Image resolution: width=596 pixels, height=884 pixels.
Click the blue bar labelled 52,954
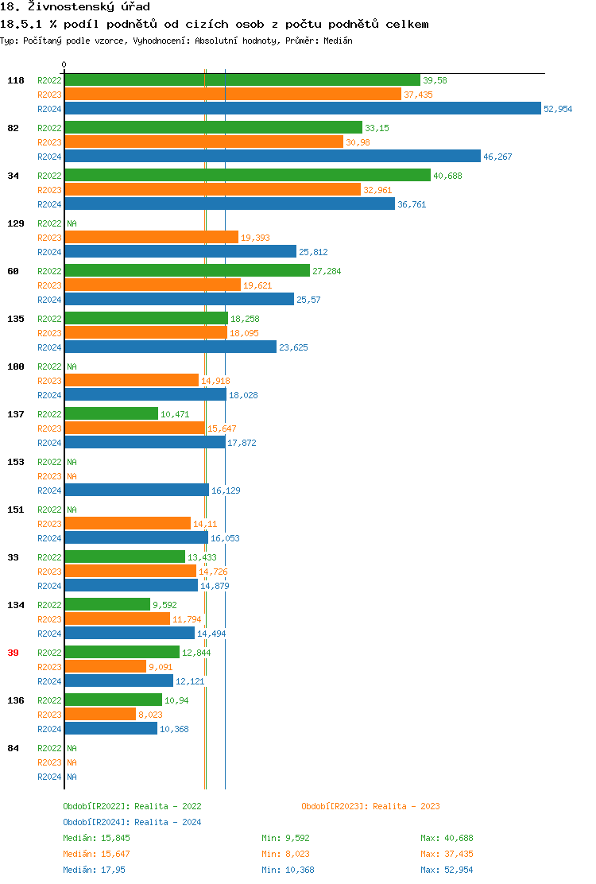pos(302,109)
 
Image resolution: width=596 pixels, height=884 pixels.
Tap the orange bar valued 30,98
pos(203,142)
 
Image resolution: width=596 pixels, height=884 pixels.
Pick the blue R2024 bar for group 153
pos(137,490)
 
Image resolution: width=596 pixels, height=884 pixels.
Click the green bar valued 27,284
pos(187,271)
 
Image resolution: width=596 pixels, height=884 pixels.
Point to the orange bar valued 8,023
pos(100,715)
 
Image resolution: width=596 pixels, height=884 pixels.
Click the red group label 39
pos(13,653)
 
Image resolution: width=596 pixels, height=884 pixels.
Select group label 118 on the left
pos(16,80)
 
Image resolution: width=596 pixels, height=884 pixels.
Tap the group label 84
pos(13,748)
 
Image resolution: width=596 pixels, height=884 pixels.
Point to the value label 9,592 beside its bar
pos(165,605)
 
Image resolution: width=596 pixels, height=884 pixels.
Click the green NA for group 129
pos(72,223)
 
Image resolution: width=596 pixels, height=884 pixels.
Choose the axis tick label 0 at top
pos(64,64)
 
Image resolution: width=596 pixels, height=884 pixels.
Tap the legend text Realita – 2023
pos(406,806)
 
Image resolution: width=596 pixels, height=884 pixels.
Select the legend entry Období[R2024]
pos(97,822)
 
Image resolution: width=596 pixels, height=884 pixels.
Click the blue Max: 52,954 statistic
pos(447,870)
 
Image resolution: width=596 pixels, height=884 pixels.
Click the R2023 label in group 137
pos(49,428)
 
